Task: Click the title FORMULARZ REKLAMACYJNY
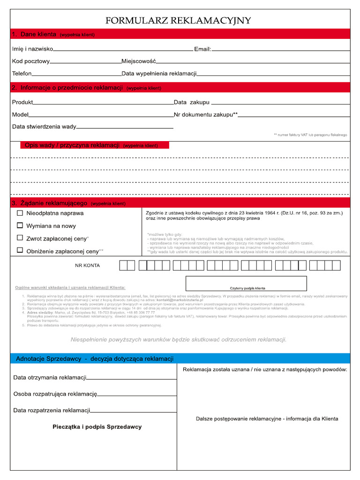178,21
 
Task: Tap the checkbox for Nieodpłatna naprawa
20,213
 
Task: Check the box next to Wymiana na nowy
20,225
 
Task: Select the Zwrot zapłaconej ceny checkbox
20,238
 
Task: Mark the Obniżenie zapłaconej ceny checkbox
20,250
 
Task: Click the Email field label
202,49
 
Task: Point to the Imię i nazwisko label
32,49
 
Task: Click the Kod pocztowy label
30,61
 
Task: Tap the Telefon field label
22,74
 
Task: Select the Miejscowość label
138,61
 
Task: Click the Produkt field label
22,102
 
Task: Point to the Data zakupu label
191,102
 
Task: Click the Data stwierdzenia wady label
44,127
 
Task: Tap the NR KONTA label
88,265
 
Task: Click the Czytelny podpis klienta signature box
246,284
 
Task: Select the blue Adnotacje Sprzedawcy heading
95,359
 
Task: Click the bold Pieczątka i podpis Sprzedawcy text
97,427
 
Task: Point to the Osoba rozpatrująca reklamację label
55,394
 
